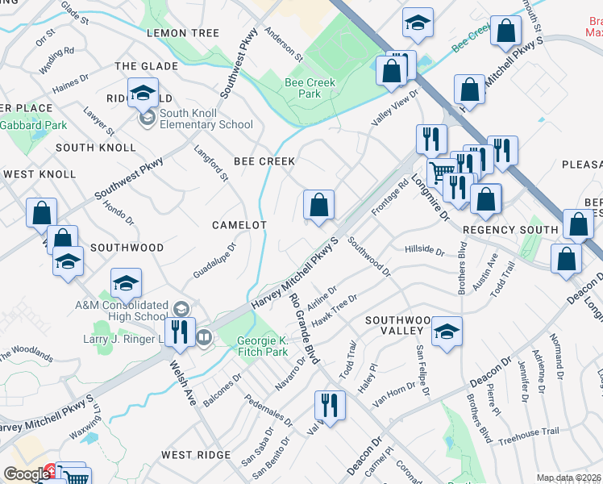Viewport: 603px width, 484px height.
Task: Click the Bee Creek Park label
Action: pos(303,88)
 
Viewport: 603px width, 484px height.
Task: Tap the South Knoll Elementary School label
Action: pos(206,119)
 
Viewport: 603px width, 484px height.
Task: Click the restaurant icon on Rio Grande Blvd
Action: pos(329,403)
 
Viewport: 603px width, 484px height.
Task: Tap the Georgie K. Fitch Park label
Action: pos(262,347)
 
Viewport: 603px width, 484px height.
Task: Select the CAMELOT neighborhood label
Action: pos(239,225)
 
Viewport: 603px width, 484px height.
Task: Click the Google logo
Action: pos(27,474)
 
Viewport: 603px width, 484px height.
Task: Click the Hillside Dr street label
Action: pos(425,251)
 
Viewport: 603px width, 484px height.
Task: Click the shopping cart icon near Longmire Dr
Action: pos(440,172)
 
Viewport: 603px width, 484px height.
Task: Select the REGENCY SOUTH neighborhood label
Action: pos(510,230)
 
